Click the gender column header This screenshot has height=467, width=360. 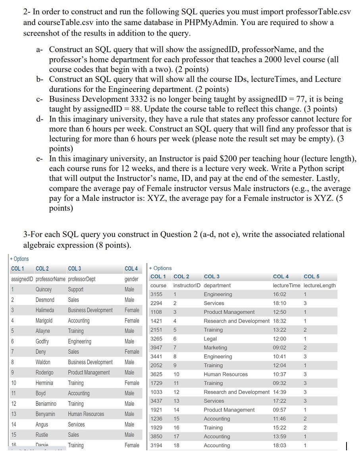pyautogui.click(x=131, y=279)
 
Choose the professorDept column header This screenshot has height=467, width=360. pyautogui.click(x=82, y=279)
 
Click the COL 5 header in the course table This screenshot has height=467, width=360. pyautogui.click(x=311, y=277)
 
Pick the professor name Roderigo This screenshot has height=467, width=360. pyautogui.click(x=44, y=373)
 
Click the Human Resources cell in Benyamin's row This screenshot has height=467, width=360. pyautogui.click(x=86, y=414)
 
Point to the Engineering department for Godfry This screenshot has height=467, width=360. pyautogui.click(x=79, y=341)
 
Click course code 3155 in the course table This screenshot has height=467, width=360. pyautogui.click(x=156, y=294)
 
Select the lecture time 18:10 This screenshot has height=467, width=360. pyautogui.click(x=279, y=303)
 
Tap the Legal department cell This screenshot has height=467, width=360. pyautogui.click(x=210, y=339)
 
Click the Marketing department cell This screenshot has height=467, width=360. pyautogui.click(x=215, y=348)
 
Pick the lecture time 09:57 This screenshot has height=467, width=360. pyautogui.click(x=279, y=410)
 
